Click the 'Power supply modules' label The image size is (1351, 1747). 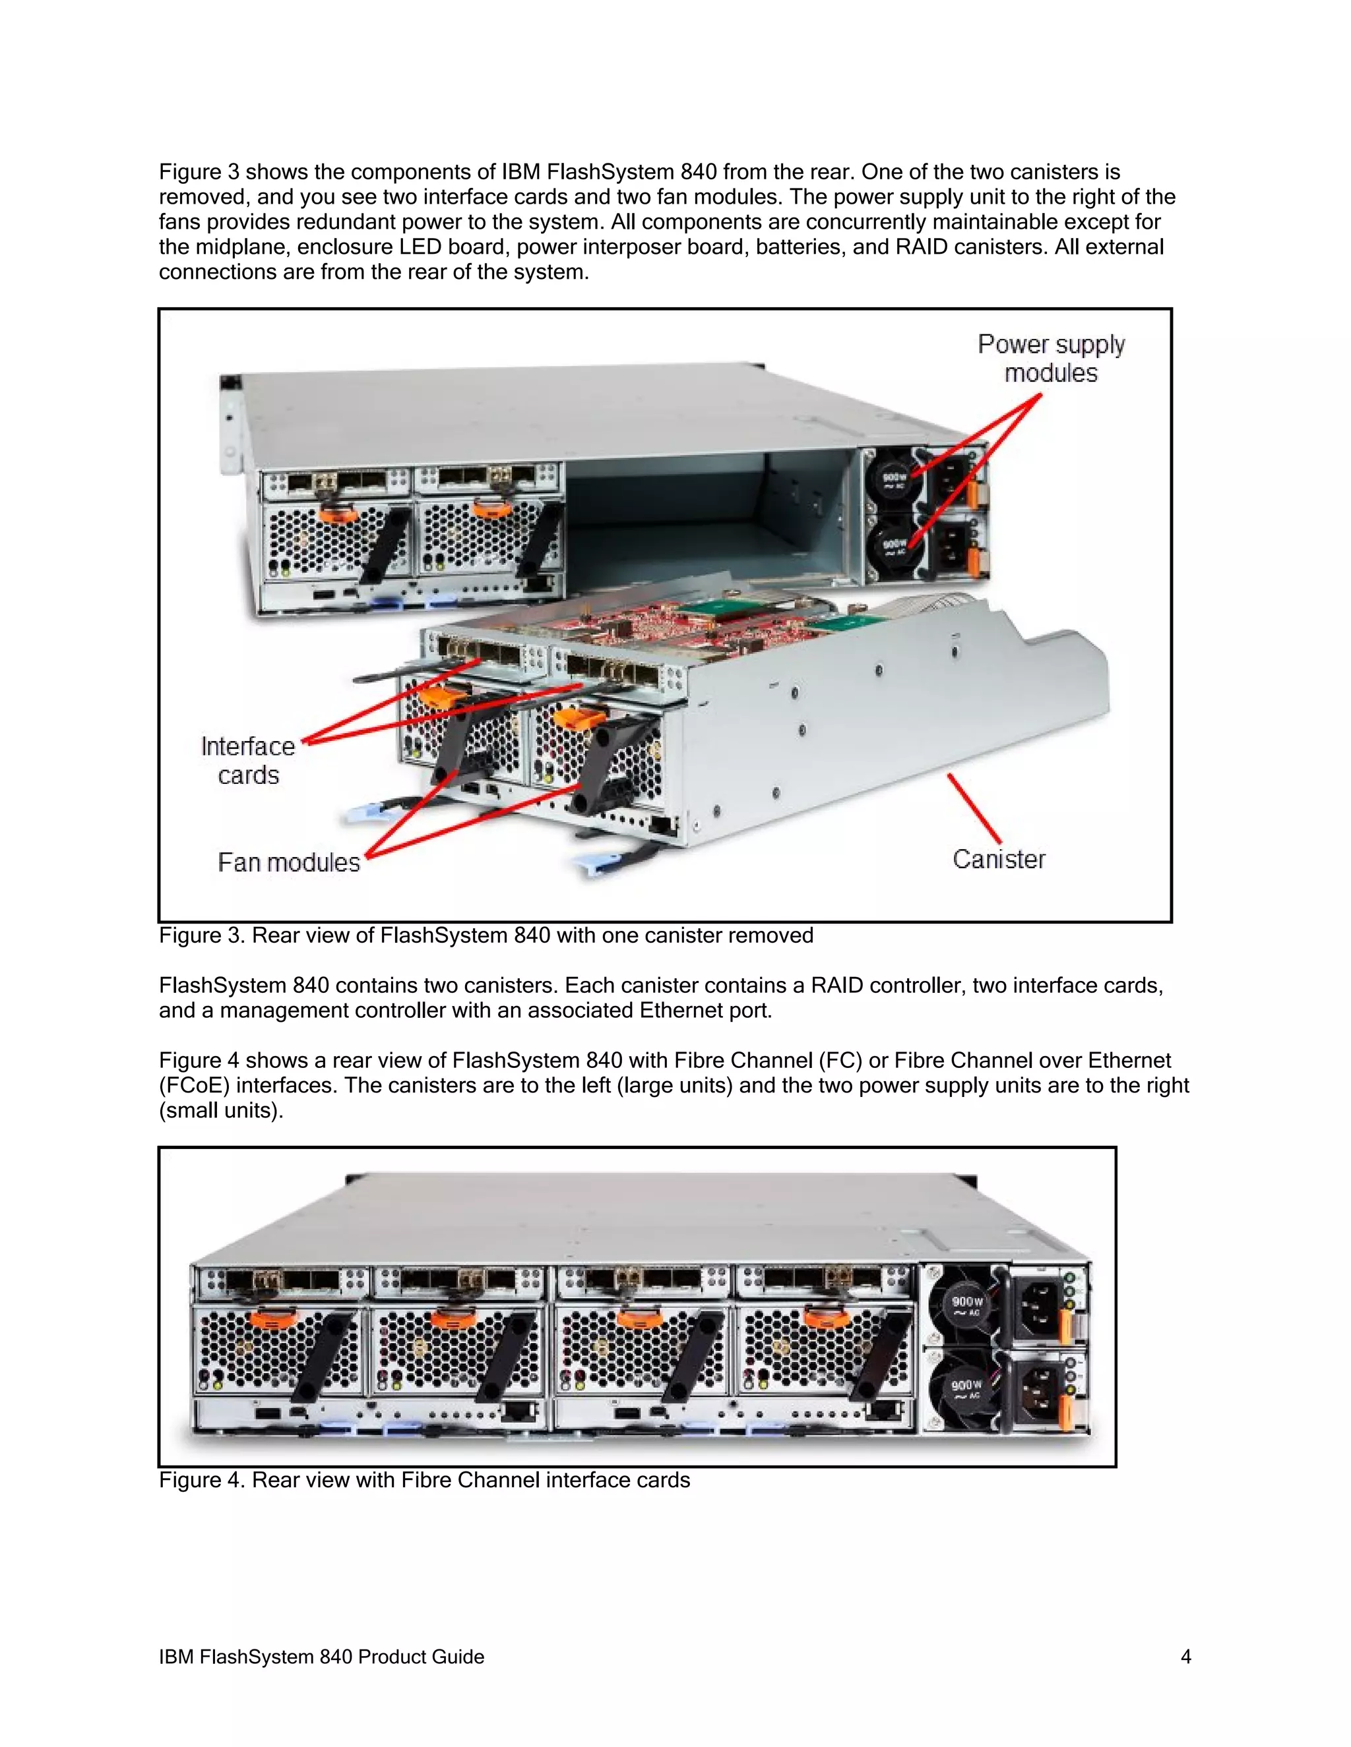[1051, 359]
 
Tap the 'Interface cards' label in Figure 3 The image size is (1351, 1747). [248, 760]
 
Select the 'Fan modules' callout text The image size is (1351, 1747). [289, 862]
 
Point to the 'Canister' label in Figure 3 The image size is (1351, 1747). [999, 859]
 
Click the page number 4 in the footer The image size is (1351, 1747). [1185, 1657]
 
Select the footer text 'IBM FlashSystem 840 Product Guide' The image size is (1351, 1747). [321, 1657]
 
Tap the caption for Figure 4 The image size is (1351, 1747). [424, 1480]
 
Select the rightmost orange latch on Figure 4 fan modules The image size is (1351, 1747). [829, 1316]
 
